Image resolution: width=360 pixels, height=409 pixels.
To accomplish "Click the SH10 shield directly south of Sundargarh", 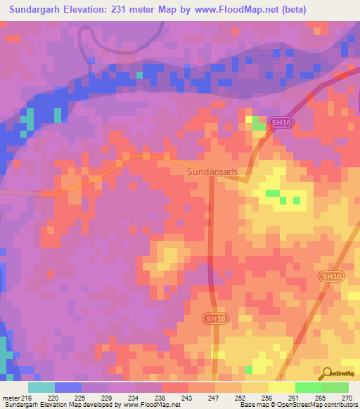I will tap(215, 318).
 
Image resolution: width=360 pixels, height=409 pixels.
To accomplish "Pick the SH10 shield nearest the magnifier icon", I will tap(331, 277).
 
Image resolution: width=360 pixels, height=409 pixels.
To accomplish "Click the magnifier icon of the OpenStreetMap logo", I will tap(328, 374).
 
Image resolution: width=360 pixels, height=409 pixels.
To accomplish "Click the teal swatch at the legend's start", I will tap(41, 387).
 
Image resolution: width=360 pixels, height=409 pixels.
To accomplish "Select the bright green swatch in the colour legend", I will tap(308, 387).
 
